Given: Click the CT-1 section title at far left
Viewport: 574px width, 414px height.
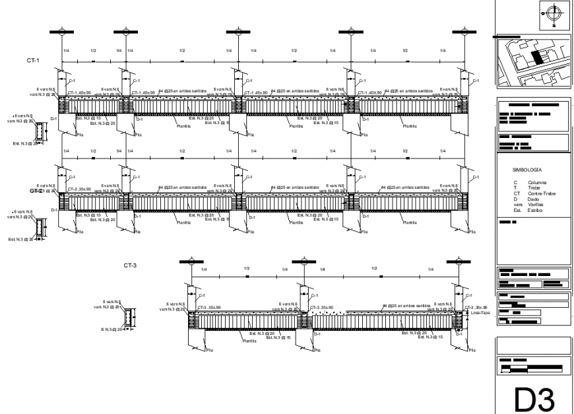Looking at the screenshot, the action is (x=33, y=60).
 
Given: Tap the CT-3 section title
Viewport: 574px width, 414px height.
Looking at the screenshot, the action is (x=130, y=265).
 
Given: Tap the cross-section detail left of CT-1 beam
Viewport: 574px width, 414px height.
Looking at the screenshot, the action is (x=42, y=133).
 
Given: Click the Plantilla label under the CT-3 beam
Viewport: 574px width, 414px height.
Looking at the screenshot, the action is (x=249, y=341).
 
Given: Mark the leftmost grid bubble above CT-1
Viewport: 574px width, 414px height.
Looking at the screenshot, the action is (x=61, y=31).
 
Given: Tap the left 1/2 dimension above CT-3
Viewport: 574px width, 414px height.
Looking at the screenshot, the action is (x=245, y=269).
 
